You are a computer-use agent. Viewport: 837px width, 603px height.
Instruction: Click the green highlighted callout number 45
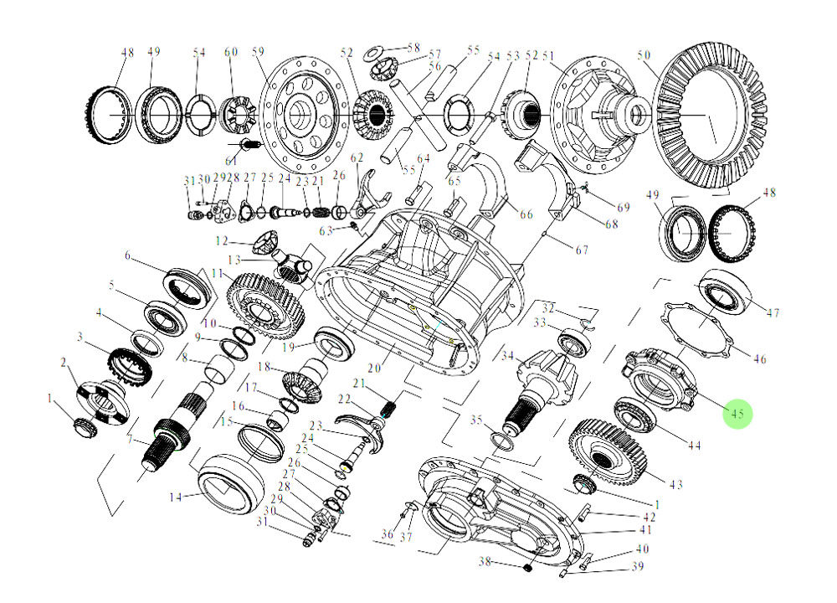737,413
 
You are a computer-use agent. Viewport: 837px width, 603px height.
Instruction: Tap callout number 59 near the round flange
258,52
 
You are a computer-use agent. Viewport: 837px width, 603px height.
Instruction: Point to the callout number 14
175,497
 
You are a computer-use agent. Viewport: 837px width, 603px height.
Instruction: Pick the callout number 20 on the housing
374,368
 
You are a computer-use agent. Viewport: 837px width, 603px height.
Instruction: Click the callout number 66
526,214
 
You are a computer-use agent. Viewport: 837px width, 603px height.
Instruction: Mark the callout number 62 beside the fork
358,157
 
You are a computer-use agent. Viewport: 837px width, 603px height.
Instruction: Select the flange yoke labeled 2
99,400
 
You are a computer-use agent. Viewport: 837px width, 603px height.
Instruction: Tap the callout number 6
128,255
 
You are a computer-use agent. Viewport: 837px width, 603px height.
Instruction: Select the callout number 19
288,346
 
